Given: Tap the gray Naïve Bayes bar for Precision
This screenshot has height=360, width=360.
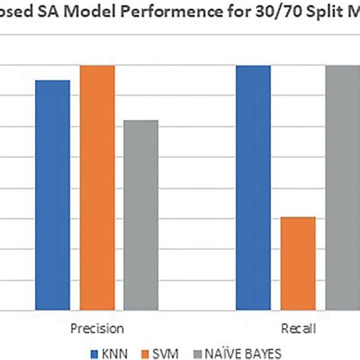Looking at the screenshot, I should [x=141, y=215].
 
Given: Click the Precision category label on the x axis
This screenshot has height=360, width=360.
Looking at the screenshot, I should [x=97, y=328].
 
